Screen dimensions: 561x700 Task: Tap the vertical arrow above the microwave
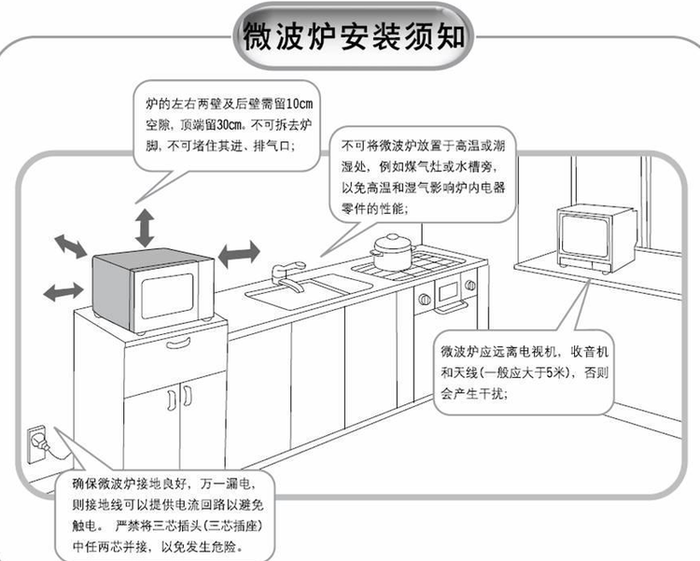[x=146, y=228]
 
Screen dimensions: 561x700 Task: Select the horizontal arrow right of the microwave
[x=239, y=251]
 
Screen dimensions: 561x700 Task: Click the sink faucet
[x=287, y=276]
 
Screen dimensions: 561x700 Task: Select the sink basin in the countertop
[x=281, y=296]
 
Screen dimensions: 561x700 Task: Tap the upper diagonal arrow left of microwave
[x=72, y=246]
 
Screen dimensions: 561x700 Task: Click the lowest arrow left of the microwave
[x=62, y=290]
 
